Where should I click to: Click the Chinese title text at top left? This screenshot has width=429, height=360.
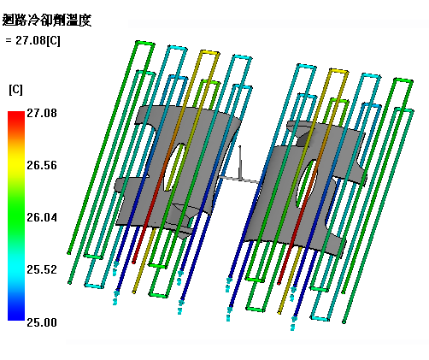47,21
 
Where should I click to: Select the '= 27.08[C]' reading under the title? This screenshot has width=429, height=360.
32,40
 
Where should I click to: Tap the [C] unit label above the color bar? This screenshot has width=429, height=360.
15,90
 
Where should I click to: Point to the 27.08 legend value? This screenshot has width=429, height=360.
42,113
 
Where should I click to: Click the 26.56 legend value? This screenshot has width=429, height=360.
42,165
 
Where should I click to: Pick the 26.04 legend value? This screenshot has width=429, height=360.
42,217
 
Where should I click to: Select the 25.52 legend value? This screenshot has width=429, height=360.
42,269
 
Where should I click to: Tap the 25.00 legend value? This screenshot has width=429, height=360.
42,322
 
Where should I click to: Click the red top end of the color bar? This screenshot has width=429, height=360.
16,115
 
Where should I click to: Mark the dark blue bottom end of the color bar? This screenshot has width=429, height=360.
16,315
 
